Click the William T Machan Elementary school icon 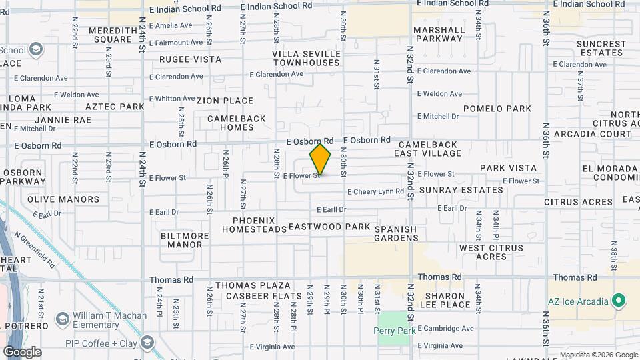[63, 319]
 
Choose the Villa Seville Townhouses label [306, 58]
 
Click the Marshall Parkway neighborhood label [438, 34]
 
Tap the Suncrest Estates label [601, 48]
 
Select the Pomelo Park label [497, 109]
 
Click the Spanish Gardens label [395, 233]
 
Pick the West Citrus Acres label [483, 252]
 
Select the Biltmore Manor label [181, 240]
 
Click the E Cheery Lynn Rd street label [375, 191]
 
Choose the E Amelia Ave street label [171, 25]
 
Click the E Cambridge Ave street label [445, 329]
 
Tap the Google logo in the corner [22, 351]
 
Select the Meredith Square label [103, 35]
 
